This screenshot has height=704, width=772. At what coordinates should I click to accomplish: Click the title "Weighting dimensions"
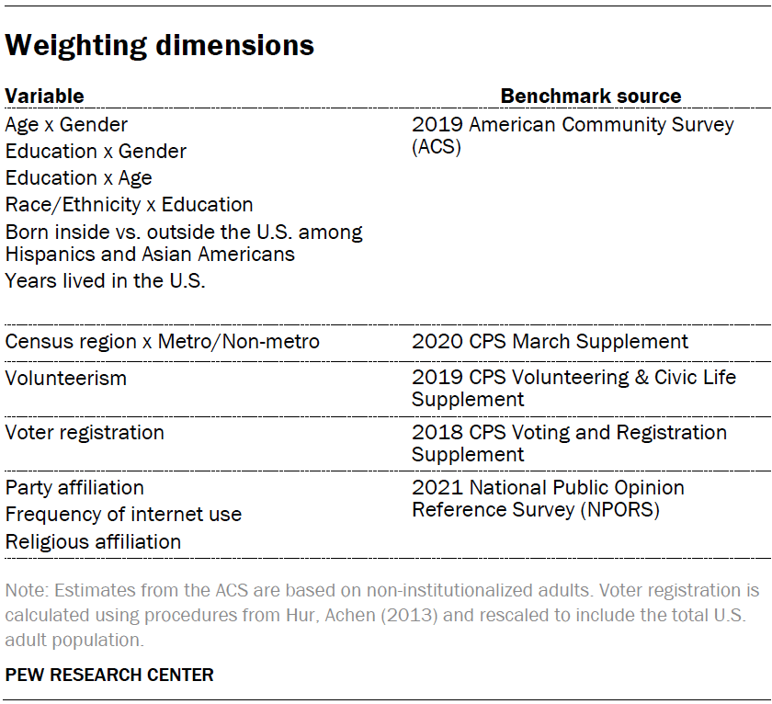[x=160, y=45]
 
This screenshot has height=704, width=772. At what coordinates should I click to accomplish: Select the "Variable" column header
[x=44, y=96]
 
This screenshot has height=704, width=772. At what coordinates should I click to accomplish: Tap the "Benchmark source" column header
[x=590, y=96]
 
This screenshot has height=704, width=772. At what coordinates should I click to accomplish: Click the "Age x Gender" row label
[x=66, y=124]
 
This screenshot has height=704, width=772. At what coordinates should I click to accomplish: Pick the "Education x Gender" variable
[x=96, y=151]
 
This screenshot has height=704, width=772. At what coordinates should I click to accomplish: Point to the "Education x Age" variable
[x=78, y=177]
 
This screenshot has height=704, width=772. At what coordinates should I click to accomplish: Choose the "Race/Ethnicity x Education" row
[x=129, y=204]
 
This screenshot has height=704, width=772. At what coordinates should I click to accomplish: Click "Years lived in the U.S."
[x=105, y=281]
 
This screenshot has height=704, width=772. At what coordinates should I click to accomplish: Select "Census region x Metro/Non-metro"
[x=163, y=342]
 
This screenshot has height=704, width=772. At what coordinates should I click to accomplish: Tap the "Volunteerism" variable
[x=66, y=378]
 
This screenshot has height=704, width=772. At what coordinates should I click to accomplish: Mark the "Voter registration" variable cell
[x=85, y=432]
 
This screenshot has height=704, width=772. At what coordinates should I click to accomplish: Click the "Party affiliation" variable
[x=74, y=487]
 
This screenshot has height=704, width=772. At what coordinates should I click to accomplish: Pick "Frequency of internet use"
[x=123, y=514]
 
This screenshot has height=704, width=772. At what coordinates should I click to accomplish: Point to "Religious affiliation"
[x=93, y=541]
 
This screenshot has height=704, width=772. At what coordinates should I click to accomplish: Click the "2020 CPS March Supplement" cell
[x=550, y=342]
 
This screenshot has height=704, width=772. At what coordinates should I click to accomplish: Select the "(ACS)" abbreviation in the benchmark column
[x=436, y=146]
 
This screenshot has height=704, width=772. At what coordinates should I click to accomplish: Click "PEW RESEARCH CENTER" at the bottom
[x=109, y=675]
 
